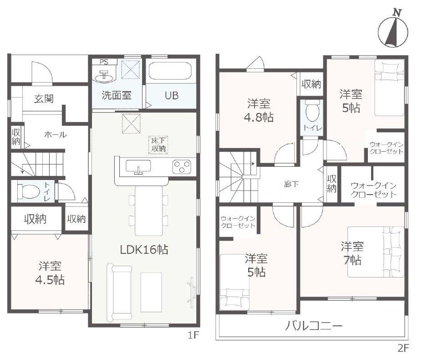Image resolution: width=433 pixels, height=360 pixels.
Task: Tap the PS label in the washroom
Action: [x=104, y=62]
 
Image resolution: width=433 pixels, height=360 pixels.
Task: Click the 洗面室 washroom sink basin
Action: [x=104, y=76]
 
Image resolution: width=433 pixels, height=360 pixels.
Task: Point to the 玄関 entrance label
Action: [x=44, y=98]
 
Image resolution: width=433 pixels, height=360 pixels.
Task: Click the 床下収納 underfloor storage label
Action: [x=158, y=144]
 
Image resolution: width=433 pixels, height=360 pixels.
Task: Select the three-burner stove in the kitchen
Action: [x=182, y=167]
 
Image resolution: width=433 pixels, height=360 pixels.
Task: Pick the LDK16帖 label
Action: [x=144, y=250]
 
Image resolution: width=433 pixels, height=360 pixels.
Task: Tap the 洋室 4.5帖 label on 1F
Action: [x=50, y=273]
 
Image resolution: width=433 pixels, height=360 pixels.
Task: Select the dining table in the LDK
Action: [x=148, y=211]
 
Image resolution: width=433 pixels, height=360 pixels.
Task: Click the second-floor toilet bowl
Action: [x=312, y=112]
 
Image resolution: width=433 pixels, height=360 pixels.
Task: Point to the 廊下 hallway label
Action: [x=291, y=184]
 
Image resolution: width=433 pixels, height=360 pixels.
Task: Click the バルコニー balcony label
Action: [x=313, y=326]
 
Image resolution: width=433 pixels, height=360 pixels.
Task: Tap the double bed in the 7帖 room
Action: [x=376, y=252]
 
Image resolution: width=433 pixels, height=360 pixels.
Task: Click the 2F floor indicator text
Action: [x=403, y=348]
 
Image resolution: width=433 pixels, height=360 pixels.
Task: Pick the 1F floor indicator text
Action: [x=194, y=335]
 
